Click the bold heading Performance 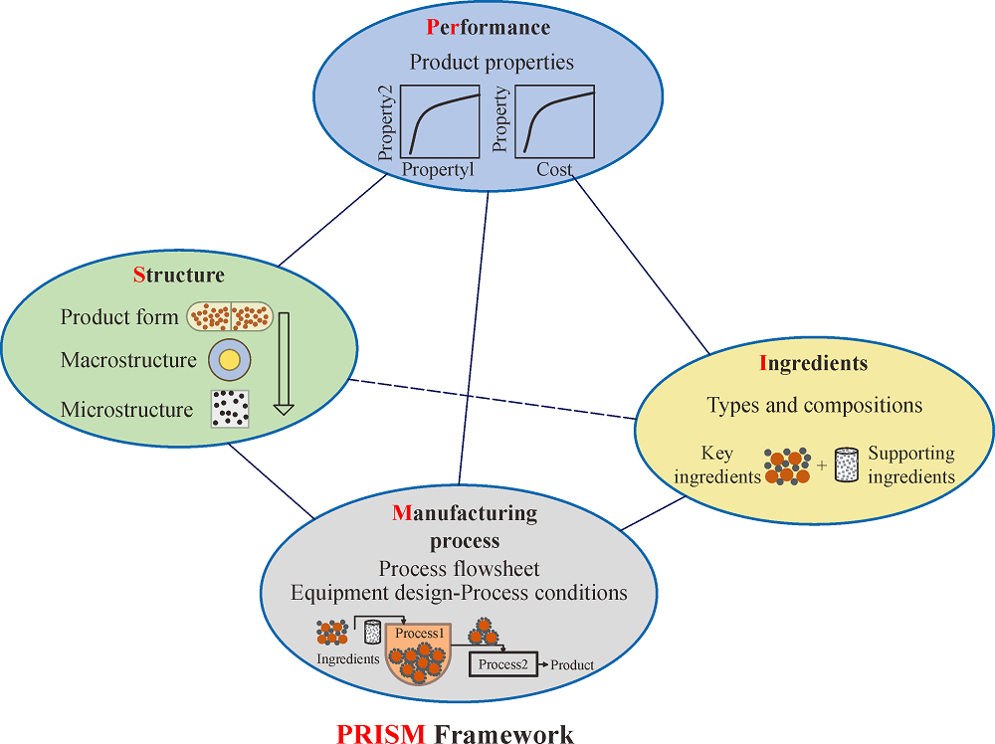[x=488, y=27]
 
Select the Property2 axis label [x=387, y=123]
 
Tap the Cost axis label [x=554, y=170]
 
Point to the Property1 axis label [x=438, y=170]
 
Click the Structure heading [x=179, y=275]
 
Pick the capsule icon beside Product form [x=230, y=316]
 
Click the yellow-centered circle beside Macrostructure [x=230, y=360]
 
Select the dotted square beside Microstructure [x=230, y=408]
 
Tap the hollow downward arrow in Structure [x=284, y=363]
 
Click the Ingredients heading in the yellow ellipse [x=813, y=363]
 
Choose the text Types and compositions [x=814, y=405]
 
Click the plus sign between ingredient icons [x=821, y=465]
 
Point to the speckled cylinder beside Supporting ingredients [x=846, y=465]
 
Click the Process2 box [x=502, y=664]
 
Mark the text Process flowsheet [x=459, y=569]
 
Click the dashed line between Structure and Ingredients [x=497, y=400]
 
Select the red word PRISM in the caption [x=381, y=734]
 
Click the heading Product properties [x=492, y=62]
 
